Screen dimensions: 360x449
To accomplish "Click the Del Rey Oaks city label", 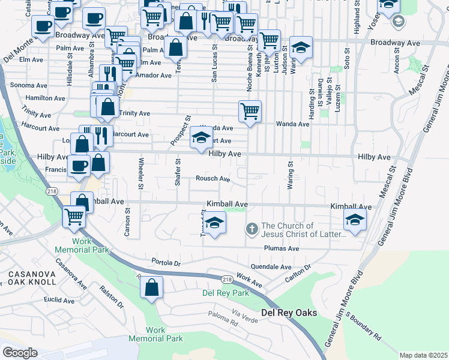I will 289,313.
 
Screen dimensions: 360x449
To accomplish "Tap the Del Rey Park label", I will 225,293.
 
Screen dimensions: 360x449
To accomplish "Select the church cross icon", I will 252,229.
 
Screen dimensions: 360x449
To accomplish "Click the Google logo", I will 20,352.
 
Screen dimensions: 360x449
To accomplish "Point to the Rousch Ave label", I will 213,179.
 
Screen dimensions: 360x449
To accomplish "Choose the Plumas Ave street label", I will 281,248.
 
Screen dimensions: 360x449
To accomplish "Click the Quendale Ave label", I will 271,267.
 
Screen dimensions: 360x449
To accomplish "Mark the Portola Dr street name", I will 166,263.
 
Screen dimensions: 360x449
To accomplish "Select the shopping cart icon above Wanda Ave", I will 250,111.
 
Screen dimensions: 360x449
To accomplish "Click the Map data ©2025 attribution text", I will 424,355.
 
